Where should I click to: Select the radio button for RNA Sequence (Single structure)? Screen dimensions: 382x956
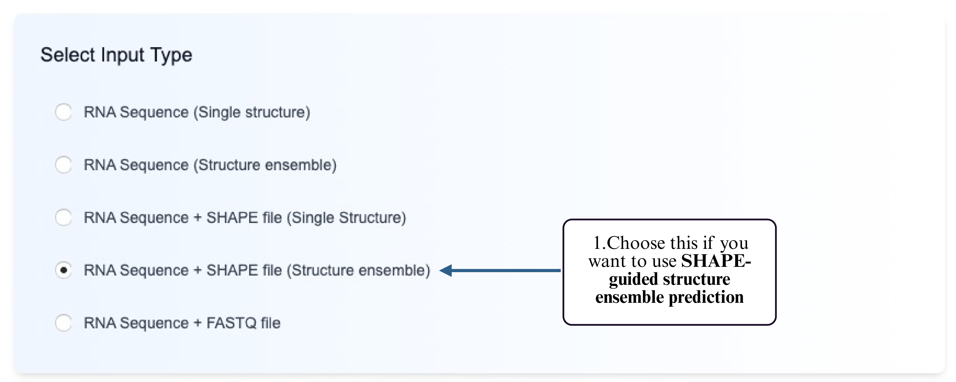(63, 112)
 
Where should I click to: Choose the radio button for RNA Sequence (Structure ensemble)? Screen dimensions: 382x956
(63, 165)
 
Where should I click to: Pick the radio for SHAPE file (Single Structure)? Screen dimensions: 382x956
(63, 217)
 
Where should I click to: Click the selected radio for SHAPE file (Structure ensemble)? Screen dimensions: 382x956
(63, 270)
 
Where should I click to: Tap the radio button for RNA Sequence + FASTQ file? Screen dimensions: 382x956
(63, 323)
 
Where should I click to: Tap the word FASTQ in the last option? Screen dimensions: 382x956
(231, 323)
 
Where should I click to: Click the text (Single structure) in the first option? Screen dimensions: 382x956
(252, 112)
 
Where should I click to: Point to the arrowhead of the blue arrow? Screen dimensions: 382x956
(446, 270)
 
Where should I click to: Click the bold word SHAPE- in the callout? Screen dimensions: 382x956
(716, 261)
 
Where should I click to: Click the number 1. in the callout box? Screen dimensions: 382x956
(599, 243)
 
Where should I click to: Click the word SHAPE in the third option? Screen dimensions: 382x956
(232, 217)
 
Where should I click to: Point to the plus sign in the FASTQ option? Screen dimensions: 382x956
(197, 323)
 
